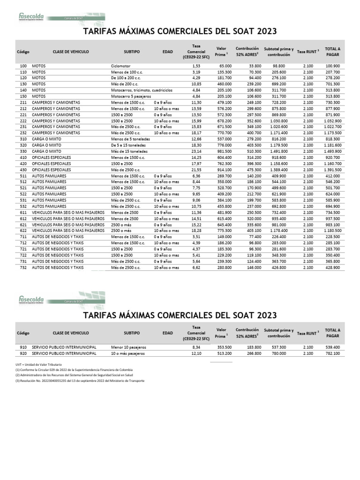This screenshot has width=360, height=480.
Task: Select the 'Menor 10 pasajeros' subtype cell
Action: tap(129, 347)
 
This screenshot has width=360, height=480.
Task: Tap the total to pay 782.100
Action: tap(332, 353)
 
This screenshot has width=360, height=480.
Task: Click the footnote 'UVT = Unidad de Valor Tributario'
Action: tap(38, 364)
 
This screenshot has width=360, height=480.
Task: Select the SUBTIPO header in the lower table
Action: tap(132, 332)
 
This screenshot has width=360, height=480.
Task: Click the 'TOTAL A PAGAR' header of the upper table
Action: tap(332, 52)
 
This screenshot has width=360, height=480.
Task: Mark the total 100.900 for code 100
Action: tap(332, 66)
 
